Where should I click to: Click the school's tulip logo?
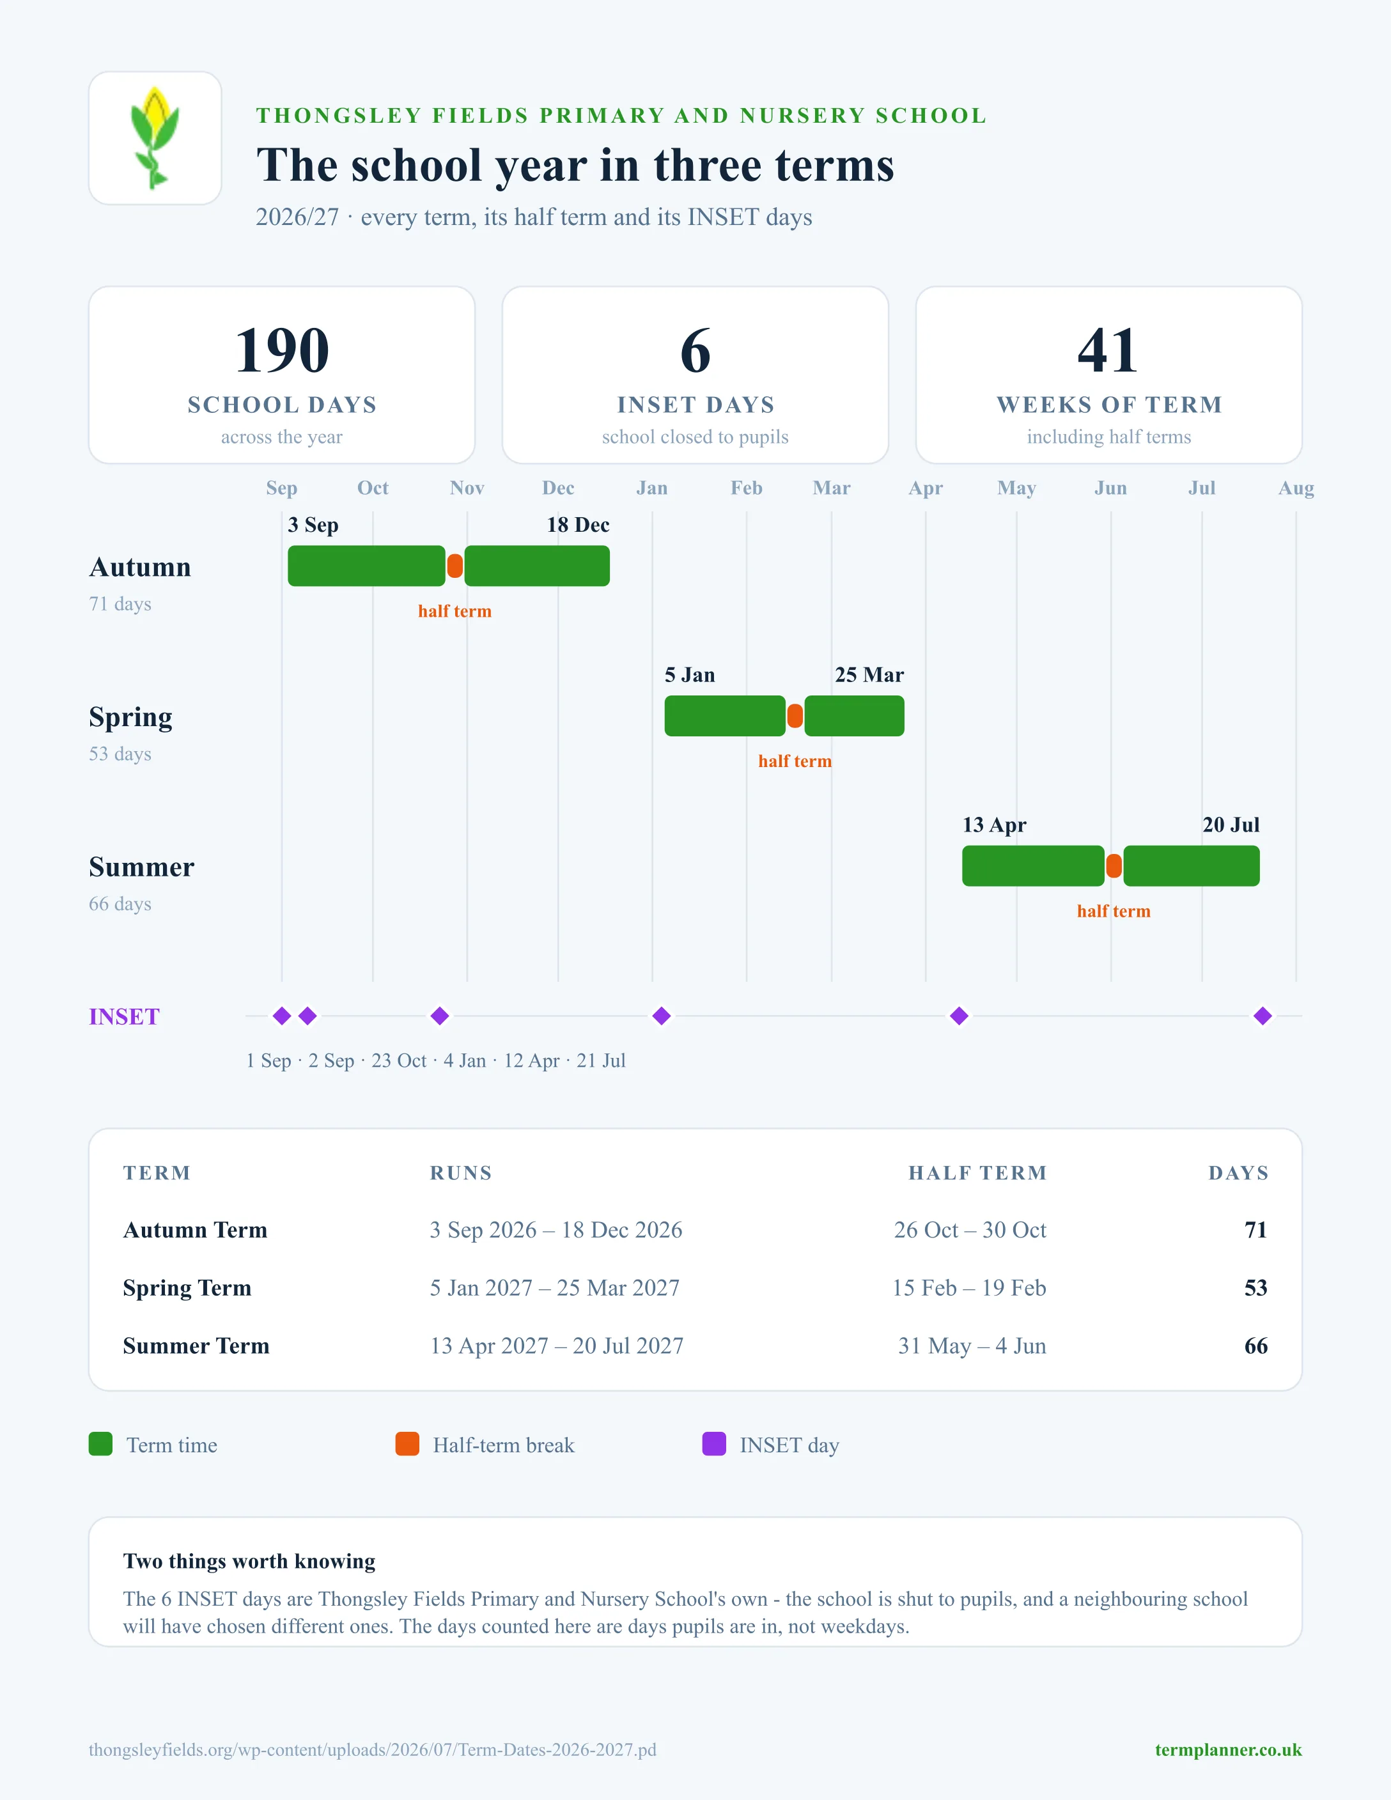tap(155, 137)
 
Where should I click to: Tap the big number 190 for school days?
tap(282, 350)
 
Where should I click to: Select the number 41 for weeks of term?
tap(1108, 350)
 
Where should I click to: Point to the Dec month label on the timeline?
tap(558, 488)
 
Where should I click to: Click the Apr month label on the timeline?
tap(926, 488)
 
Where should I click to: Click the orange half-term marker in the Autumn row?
tap(455, 566)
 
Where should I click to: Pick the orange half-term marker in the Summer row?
tap(1114, 866)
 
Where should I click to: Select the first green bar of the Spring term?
tap(725, 716)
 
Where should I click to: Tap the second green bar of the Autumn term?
tap(537, 566)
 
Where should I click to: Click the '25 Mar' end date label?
tap(869, 675)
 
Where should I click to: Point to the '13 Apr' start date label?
tap(995, 825)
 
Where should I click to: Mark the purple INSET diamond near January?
tap(662, 1016)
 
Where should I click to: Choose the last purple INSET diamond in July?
tap(1263, 1016)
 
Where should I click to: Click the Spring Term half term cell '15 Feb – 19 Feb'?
tap(969, 1288)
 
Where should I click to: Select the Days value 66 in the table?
tap(1256, 1346)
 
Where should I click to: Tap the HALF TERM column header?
tap(977, 1173)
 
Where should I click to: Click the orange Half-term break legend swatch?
tap(407, 1444)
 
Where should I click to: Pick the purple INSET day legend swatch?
tap(713, 1444)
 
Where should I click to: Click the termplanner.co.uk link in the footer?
tap(1228, 1750)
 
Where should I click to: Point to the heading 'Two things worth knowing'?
tap(249, 1561)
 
